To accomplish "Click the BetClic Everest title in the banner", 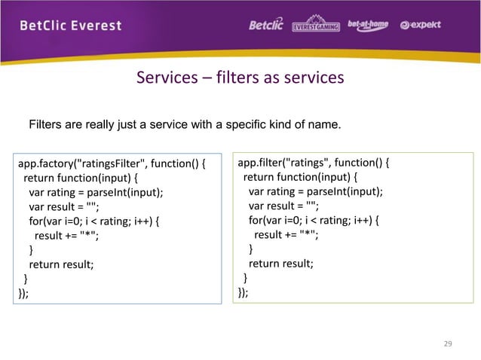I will (x=70, y=25).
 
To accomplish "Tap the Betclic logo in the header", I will (x=266, y=25).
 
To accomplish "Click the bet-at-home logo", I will (x=367, y=25).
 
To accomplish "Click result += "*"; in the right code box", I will (x=285, y=234).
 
